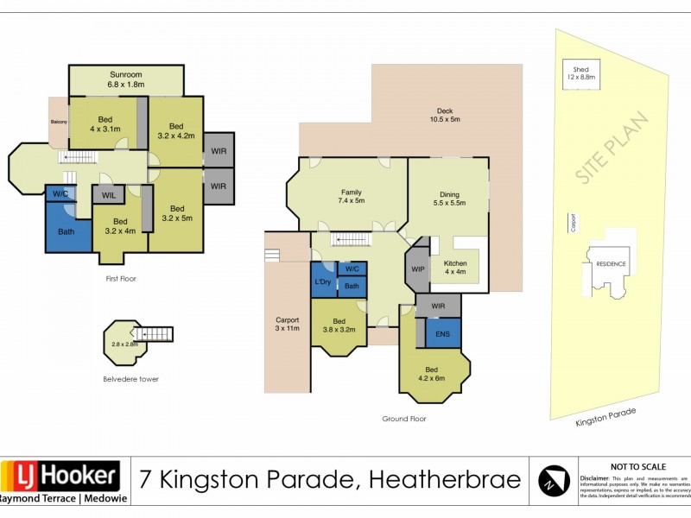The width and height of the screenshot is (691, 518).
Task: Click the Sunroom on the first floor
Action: pyautogui.click(x=125, y=79)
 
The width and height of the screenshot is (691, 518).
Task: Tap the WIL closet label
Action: pyautogui.click(x=108, y=195)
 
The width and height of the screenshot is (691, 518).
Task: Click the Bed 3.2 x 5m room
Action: pyautogui.click(x=176, y=212)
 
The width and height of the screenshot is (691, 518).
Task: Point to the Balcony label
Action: pyautogui.click(x=58, y=122)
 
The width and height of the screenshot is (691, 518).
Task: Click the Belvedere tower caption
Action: pyautogui.click(x=130, y=378)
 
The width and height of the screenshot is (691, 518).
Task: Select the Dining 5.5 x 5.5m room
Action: pyautogui.click(x=448, y=199)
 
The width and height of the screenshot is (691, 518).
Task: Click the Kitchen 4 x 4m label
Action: pyautogui.click(x=455, y=268)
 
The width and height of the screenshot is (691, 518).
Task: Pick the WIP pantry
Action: pyautogui.click(x=417, y=269)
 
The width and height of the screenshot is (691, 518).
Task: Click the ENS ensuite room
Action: pyautogui.click(x=443, y=333)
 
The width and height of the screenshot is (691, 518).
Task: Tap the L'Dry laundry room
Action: pyautogui.click(x=323, y=282)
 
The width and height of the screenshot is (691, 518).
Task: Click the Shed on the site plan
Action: pyautogui.click(x=581, y=73)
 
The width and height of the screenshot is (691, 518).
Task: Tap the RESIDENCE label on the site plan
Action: pyautogui.click(x=610, y=263)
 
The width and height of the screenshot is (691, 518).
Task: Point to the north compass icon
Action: pyautogui.click(x=554, y=481)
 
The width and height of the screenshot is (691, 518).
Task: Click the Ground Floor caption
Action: pyautogui.click(x=403, y=419)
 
